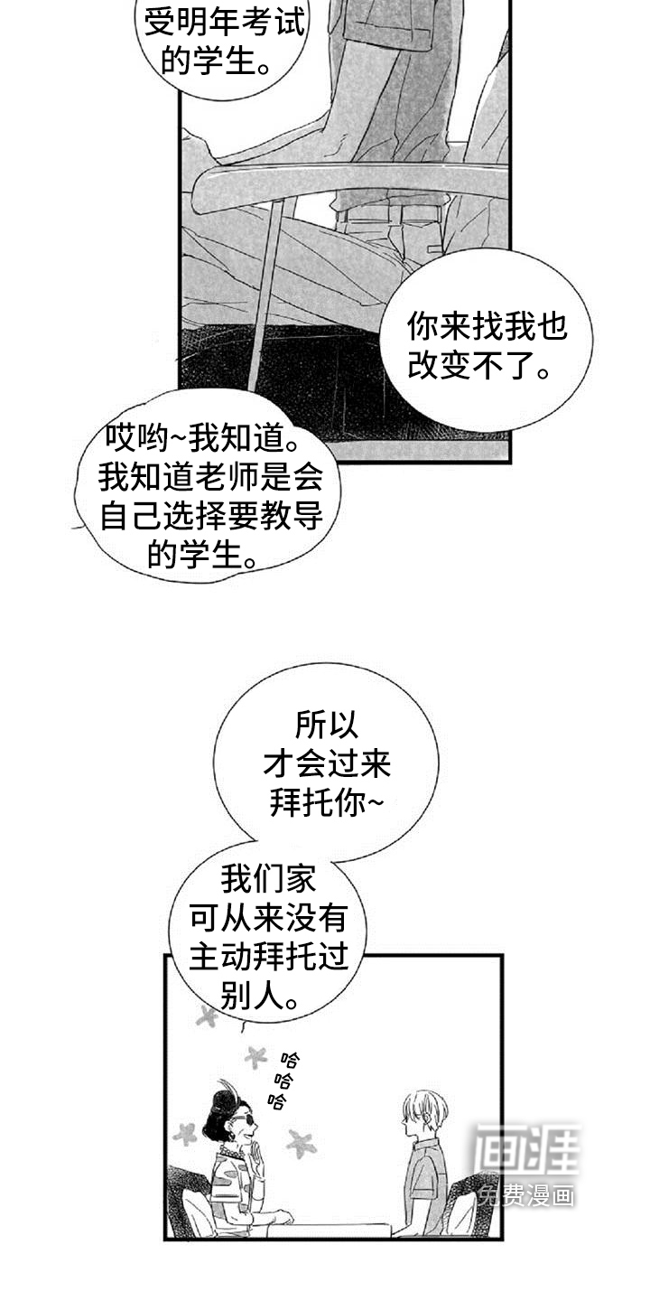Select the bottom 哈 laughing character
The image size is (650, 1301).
pyautogui.click(x=277, y=1100)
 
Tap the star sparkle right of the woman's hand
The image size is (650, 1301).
pyautogui.click(x=302, y=1142)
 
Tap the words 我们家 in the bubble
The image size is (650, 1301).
pyautogui.click(x=267, y=879)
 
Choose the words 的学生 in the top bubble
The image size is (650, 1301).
pyautogui.click(x=208, y=61)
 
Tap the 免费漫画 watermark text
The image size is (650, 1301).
pyautogui.click(x=526, y=1196)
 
